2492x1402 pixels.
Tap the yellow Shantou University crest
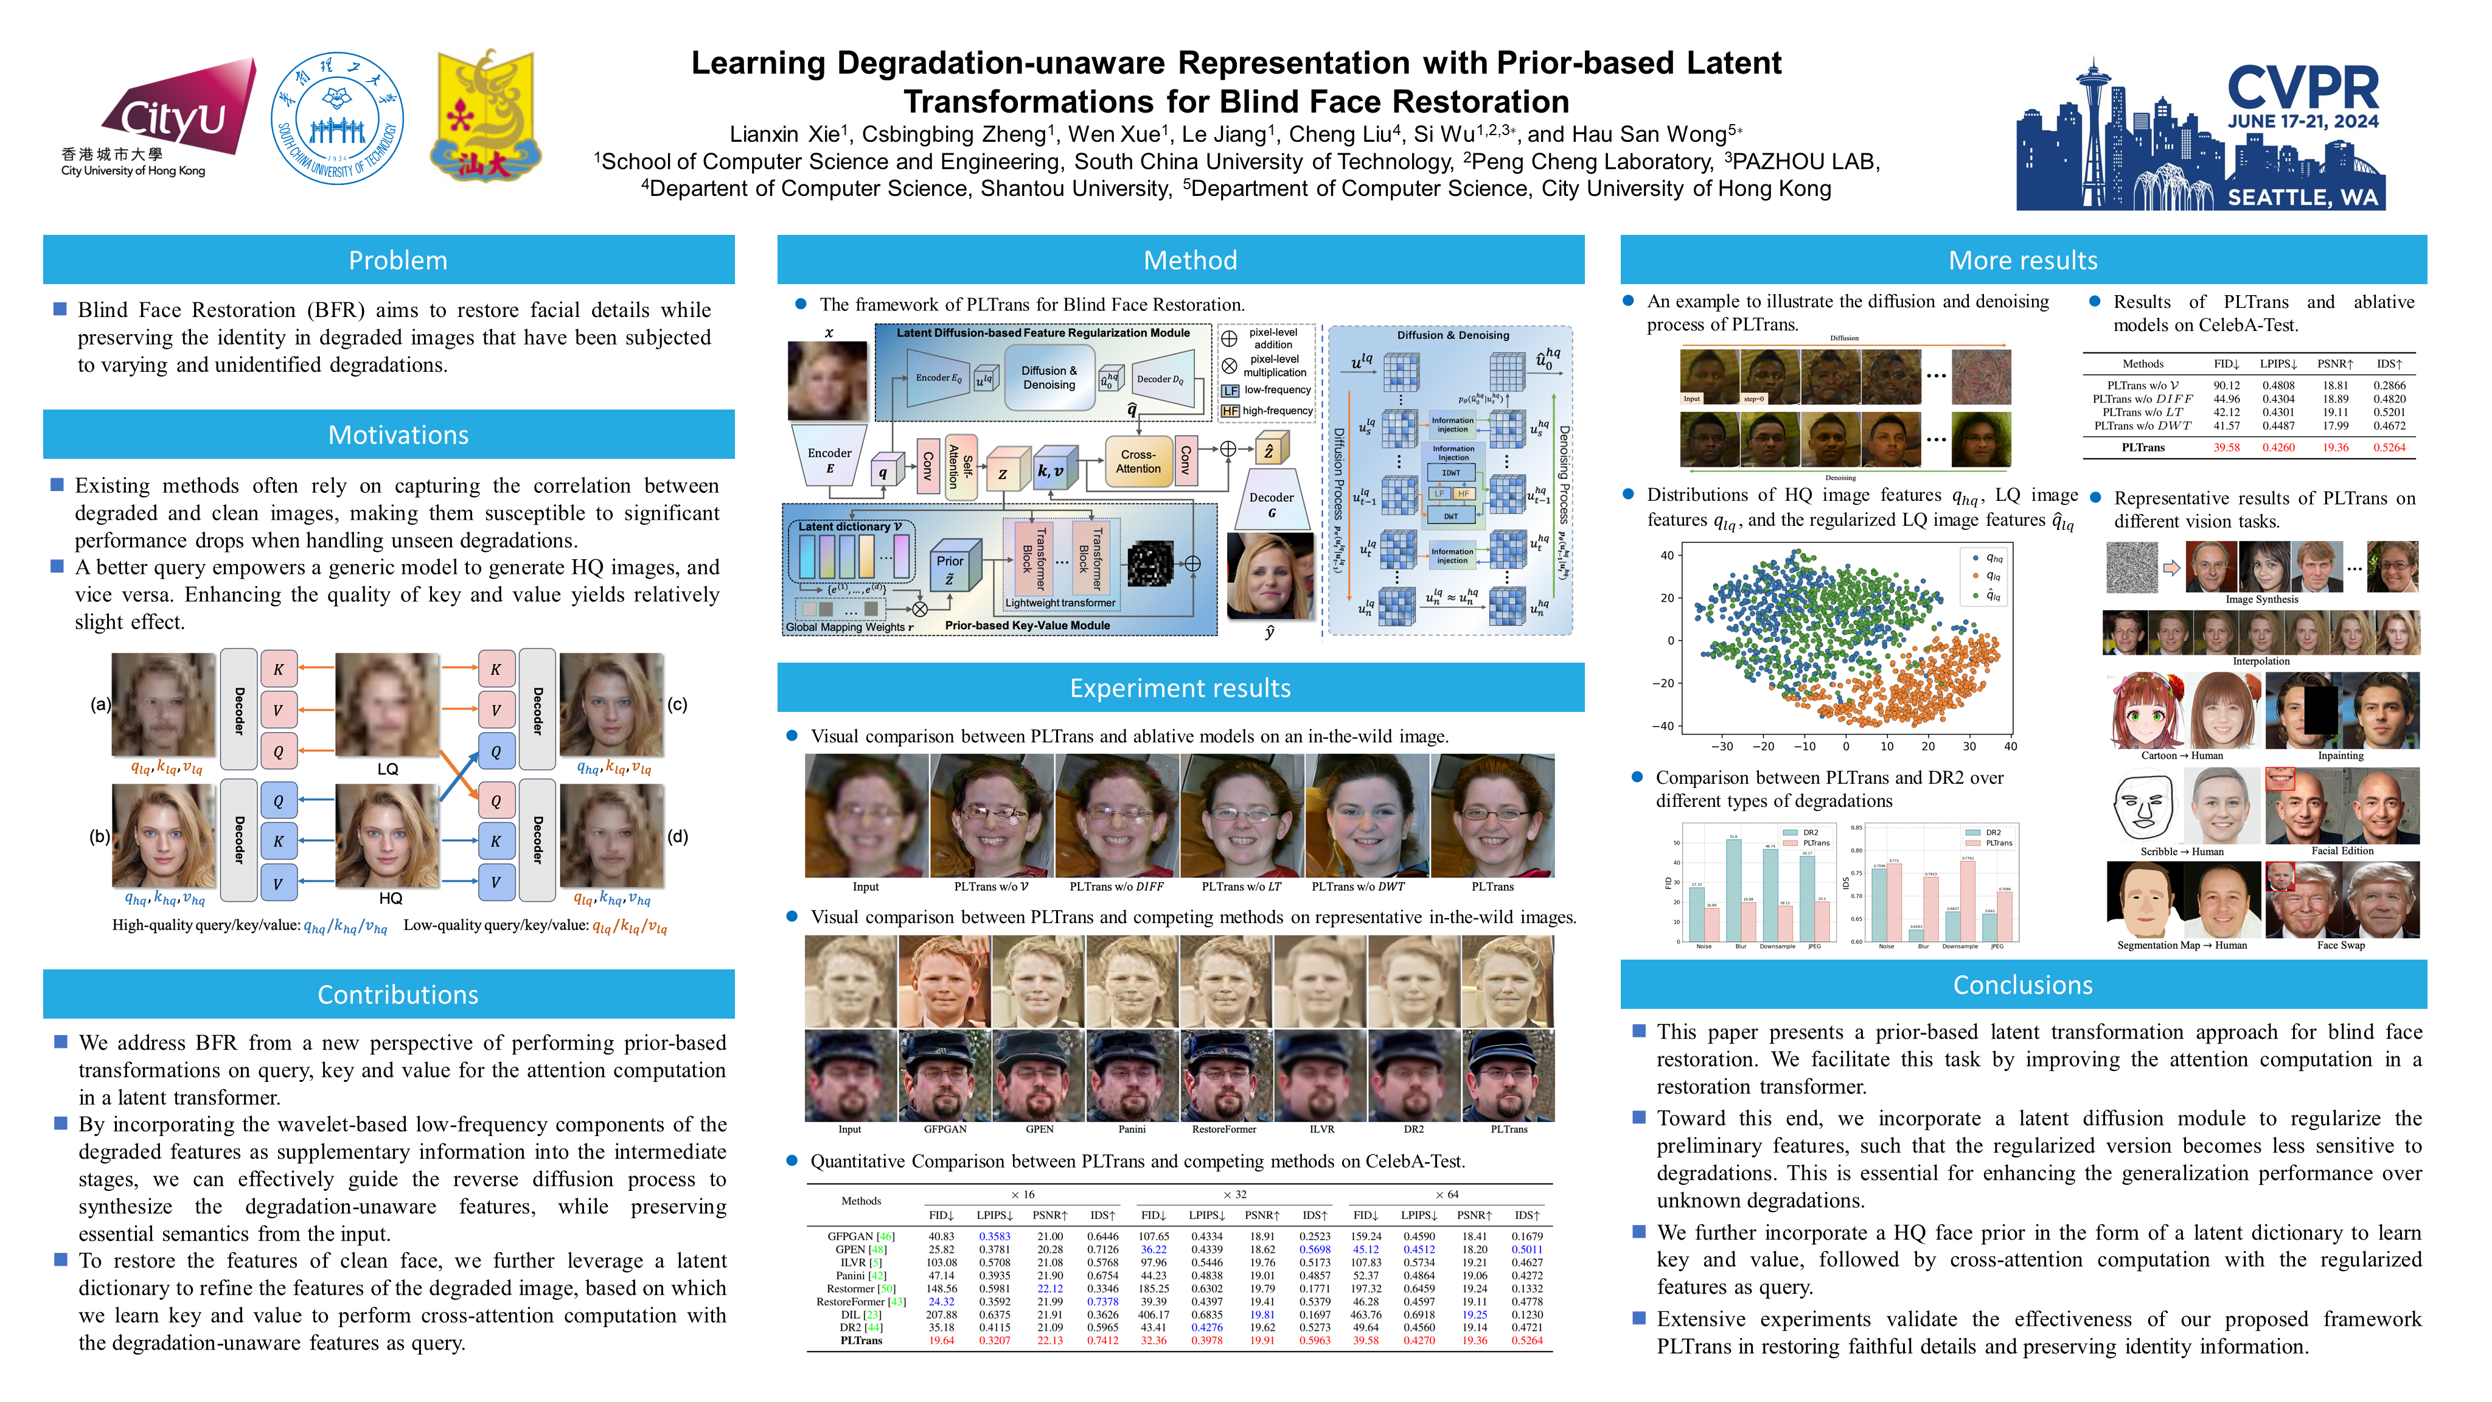coord(485,117)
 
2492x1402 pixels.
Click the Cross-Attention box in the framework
coord(1138,461)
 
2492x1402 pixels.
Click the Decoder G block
coord(1271,504)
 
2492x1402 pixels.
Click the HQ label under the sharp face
coord(390,898)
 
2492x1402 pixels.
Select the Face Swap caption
coord(2340,945)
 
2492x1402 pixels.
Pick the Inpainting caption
coord(2340,756)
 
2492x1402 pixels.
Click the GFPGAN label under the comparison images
coord(944,1129)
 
